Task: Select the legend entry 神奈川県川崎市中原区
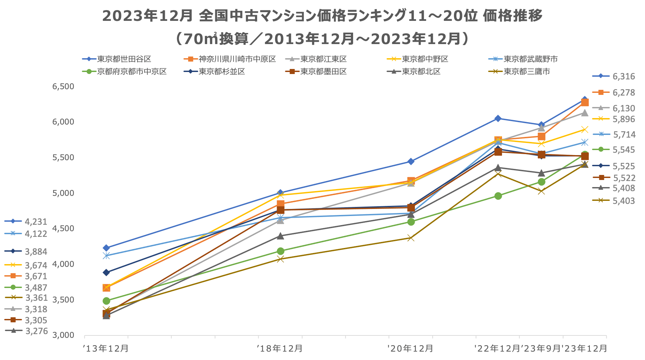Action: (x=237, y=59)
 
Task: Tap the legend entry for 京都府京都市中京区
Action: (x=131, y=72)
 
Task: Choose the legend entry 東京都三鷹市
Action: (x=527, y=72)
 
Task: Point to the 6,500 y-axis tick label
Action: (x=63, y=86)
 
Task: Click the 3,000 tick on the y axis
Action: (x=63, y=335)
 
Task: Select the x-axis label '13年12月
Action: (x=106, y=349)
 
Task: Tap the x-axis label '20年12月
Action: (x=411, y=349)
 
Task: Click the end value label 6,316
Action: (x=623, y=77)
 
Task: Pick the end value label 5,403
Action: (x=623, y=201)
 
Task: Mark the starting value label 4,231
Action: (x=36, y=222)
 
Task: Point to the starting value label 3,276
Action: (x=37, y=331)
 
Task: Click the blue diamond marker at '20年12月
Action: (x=411, y=161)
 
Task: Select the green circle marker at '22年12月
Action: (x=498, y=196)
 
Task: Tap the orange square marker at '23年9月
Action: (x=541, y=136)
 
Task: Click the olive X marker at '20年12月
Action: (x=411, y=238)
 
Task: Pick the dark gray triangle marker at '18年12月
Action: (x=280, y=236)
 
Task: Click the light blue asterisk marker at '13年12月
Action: (x=106, y=256)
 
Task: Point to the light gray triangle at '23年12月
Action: (x=585, y=113)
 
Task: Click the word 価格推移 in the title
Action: (x=513, y=16)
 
